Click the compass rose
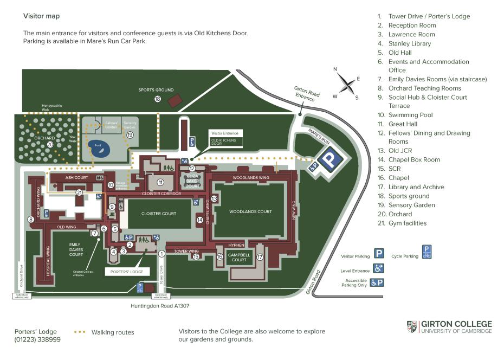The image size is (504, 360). tap(346, 83)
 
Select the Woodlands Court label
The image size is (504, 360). tap(250, 211)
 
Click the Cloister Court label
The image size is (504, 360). tap(159, 214)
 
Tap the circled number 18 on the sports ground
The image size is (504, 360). tap(158, 99)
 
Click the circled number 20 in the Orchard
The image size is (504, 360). tap(50, 145)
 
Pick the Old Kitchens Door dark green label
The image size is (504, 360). tap(223, 143)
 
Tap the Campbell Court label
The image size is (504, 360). tap(239, 257)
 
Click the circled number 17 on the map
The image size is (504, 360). tap(260, 257)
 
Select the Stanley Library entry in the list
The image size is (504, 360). tap(409, 43)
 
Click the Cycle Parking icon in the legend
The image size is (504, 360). tap(427, 253)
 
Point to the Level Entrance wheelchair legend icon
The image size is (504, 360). tap(379, 268)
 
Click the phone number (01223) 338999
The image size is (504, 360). tap(37, 340)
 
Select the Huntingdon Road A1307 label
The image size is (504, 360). tap(160, 306)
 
